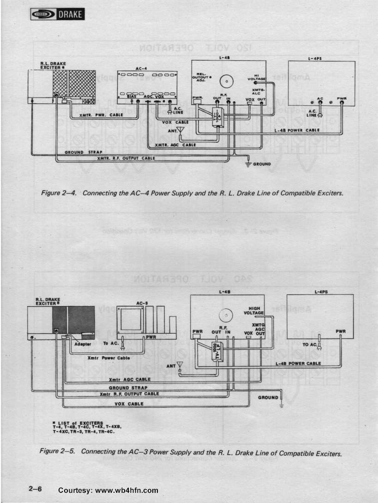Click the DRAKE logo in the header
57,15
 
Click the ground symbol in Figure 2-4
248,164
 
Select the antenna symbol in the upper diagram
180,131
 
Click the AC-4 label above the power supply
141,68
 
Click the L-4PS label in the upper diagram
314,59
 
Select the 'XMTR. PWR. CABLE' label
101,115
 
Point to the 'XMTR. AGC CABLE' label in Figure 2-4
175,145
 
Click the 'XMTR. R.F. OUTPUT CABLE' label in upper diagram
126,158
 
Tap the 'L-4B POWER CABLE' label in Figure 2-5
298,364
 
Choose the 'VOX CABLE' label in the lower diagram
129,404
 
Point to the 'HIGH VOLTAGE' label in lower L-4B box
254,311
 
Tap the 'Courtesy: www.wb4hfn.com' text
108,491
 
